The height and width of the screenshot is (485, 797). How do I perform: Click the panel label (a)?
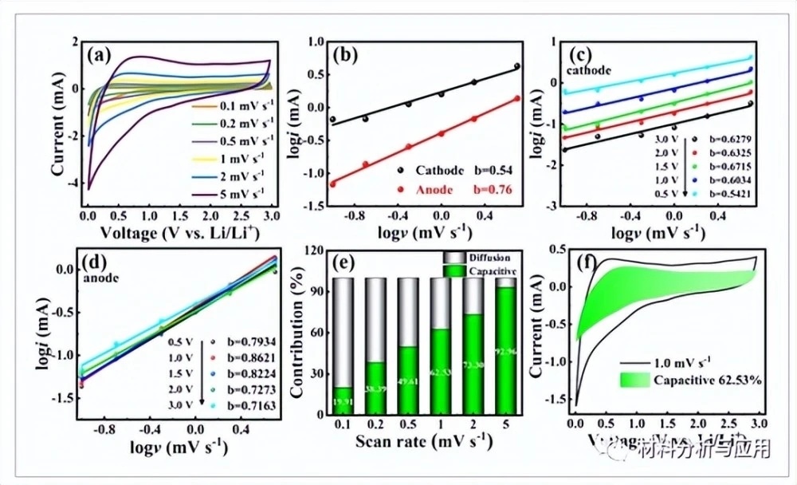tap(105, 56)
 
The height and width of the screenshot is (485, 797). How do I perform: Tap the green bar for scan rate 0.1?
tap(367, 401)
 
